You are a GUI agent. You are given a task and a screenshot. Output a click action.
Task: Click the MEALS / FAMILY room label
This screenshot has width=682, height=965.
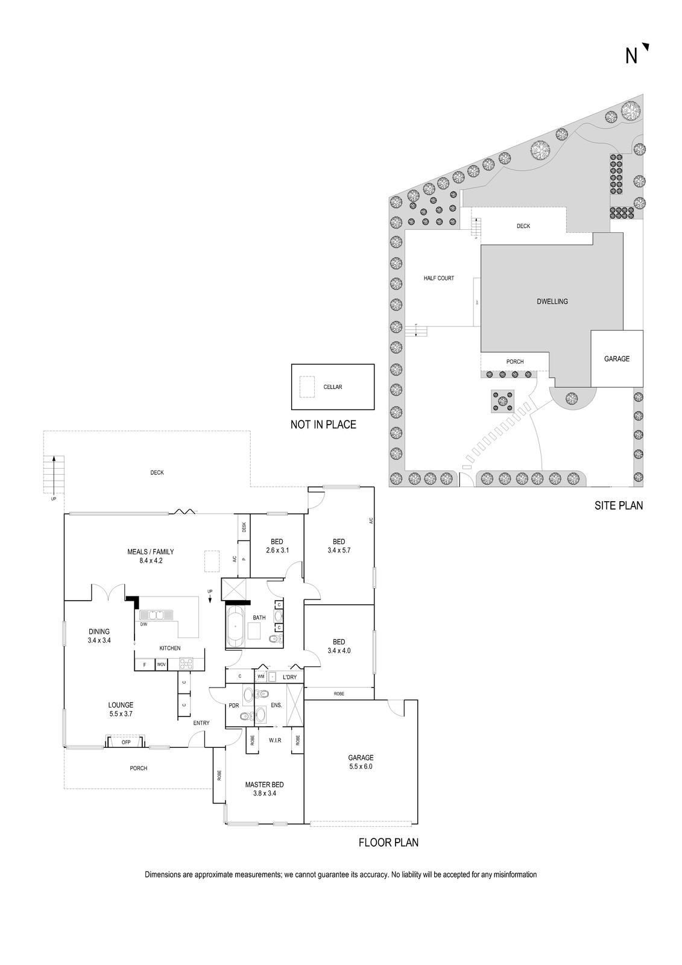150,555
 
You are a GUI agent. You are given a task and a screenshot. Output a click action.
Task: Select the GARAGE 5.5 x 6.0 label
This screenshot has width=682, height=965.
361,762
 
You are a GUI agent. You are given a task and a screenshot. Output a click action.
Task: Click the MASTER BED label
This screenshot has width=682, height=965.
264,789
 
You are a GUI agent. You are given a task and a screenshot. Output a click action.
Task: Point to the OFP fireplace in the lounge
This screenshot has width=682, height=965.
126,742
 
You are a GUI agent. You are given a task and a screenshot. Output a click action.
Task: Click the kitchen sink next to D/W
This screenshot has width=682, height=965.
156,615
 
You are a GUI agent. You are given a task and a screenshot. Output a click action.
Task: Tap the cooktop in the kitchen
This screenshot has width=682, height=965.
185,664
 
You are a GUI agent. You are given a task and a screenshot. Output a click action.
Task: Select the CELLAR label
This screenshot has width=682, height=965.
332,387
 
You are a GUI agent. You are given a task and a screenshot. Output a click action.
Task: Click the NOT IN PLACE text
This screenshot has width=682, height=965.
323,425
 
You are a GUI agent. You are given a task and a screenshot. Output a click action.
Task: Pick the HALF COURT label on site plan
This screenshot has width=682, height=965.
438,278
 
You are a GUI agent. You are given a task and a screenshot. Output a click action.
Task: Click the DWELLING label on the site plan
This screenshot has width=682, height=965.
552,302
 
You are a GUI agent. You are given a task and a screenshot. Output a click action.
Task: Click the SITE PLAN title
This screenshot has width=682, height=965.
619,505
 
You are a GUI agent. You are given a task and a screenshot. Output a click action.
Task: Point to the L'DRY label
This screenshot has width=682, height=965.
289,677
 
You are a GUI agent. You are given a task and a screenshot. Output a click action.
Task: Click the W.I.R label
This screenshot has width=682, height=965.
275,739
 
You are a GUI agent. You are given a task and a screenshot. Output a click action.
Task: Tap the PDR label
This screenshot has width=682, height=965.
234,705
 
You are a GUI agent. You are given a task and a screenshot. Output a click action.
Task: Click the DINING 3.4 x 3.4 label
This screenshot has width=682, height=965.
99,636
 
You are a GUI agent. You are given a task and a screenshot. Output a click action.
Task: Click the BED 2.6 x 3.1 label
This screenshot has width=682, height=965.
277,546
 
